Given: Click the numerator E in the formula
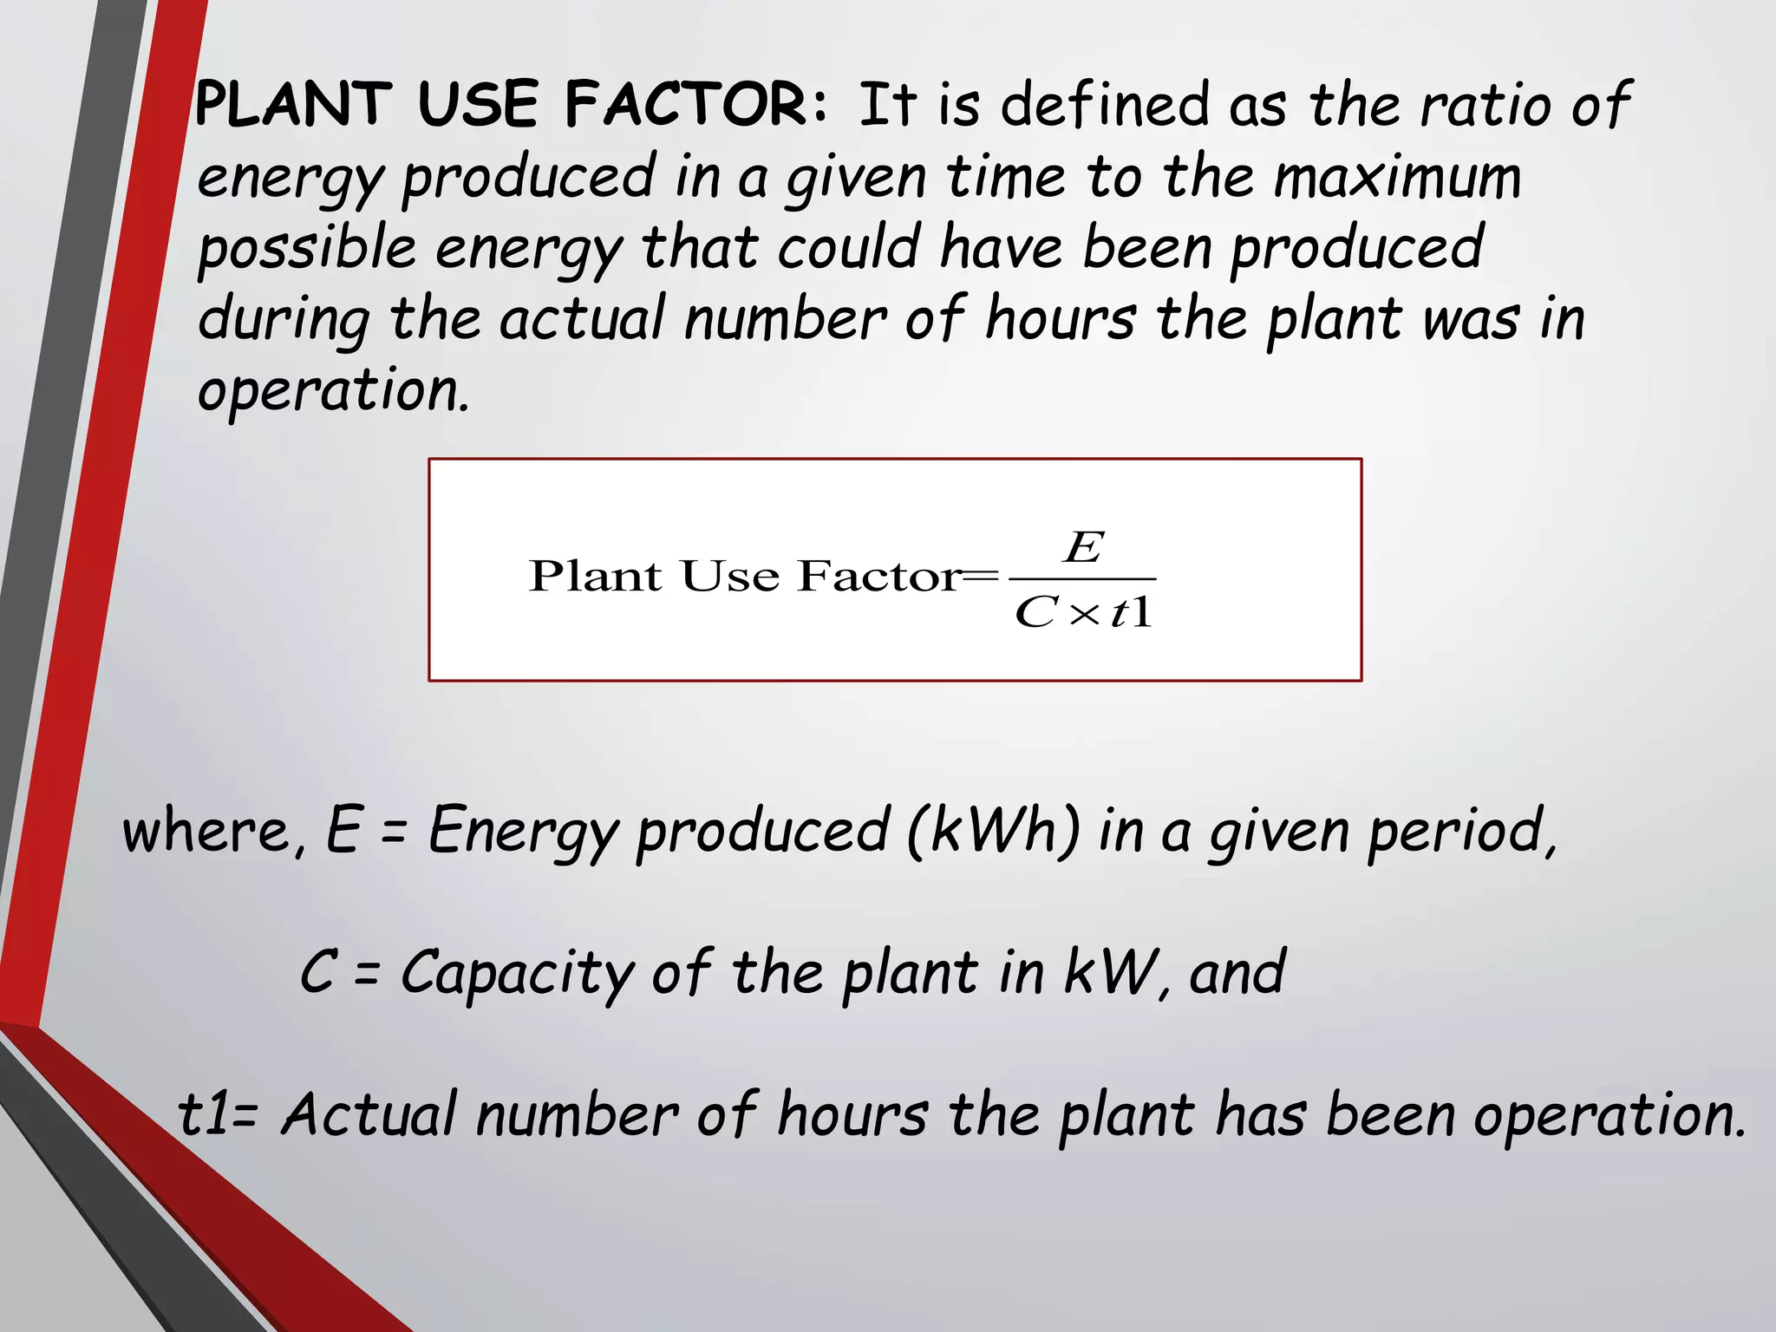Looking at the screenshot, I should click(x=1084, y=548).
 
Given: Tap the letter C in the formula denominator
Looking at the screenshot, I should click(x=1035, y=613).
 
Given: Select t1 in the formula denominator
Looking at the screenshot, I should click(x=1132, y=612).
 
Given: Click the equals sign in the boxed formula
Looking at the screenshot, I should click(x=981, y=576).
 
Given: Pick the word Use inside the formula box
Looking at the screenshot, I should click(x=729, y=577).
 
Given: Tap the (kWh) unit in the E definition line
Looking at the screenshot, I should click(x=994, y=830).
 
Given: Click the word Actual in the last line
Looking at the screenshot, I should click(x=369, y=1114).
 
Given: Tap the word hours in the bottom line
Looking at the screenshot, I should click(x=852, y=1114).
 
